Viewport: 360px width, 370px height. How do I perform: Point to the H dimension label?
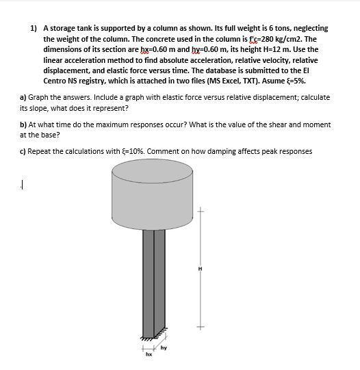(x=201, y=269)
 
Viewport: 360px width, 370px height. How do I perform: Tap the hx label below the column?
(x=147, y=354)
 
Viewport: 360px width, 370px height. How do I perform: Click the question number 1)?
(x=34, y=29)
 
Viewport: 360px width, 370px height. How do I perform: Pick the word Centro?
(x=56, y=81)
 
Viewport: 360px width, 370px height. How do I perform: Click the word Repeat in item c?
(x=42, y=151)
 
